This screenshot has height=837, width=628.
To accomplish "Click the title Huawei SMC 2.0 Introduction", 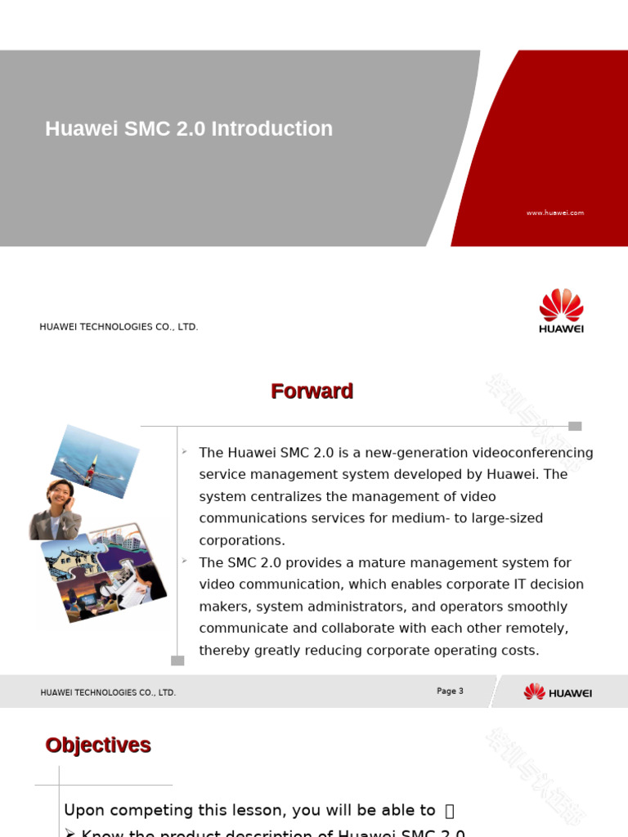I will click(x=189, y=129).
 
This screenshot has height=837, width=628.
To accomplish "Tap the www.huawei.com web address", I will click(x=555, y=213).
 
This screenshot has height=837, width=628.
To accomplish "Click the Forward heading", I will click(x=312, y=392).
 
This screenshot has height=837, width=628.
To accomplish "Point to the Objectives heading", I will click(x=98, y=745).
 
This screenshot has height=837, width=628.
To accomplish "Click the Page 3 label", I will click(x=450, y=692).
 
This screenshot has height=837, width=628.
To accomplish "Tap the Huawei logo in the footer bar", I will click(x=558, y=692).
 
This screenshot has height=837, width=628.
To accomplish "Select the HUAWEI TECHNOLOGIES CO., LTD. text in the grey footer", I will click(x=108, y=693).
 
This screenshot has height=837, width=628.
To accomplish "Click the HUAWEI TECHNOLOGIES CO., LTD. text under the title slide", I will click(x=119, y=327).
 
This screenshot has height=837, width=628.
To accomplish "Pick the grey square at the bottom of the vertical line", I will click(x=177, y=660).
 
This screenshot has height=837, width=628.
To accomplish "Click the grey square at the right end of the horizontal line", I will click(x=575, y=426).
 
